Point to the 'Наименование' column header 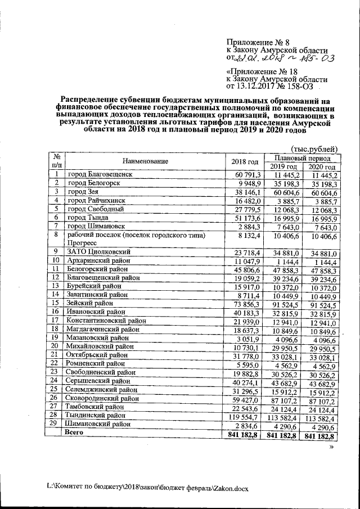tap(145, 161)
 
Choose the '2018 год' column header tap(245, 162)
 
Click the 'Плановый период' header tap(300, 157)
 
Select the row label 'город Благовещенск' tap(100, 175)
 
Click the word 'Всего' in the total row tap(75, 433)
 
